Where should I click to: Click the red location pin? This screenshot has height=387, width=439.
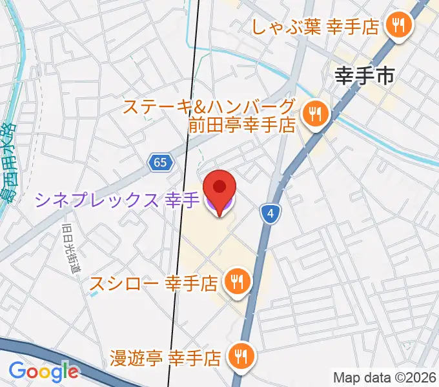coord(219,187)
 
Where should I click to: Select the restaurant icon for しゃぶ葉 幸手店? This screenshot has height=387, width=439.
coord(395,25)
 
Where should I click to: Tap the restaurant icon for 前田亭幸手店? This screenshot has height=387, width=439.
coord(316,115)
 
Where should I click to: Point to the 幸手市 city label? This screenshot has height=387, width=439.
coord(364,77)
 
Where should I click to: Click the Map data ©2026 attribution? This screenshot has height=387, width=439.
coord(385,377)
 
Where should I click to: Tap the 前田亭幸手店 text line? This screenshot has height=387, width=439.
coord(242,124)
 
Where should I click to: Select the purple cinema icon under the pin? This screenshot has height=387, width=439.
coord(219,206)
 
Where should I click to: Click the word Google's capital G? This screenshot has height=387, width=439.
coord(17,371)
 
